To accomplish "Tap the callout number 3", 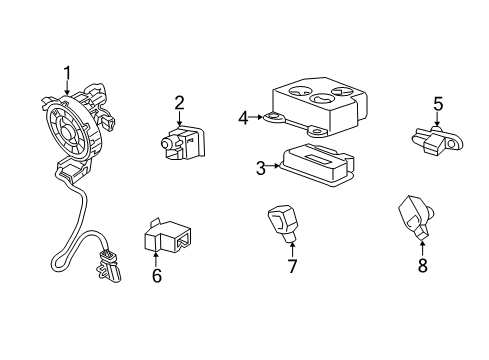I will (x=260, y=168).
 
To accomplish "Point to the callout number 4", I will (x=243, y=117).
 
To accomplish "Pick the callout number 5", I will (x=437, y=102).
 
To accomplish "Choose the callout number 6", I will (x=156, y=275).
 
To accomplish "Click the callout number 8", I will (x=422, y=266).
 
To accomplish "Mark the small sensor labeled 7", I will (x=283, y=222).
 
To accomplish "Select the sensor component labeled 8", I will (x=414, y=215).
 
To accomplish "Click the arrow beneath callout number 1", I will (x=67, y=88).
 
